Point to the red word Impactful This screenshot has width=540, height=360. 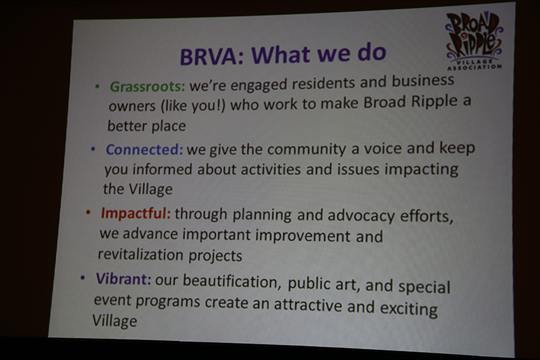click(136, 214)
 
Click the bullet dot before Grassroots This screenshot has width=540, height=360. click(97, 87)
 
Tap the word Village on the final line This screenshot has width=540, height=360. click(115, 320)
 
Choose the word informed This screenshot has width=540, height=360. click(163, 168)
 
